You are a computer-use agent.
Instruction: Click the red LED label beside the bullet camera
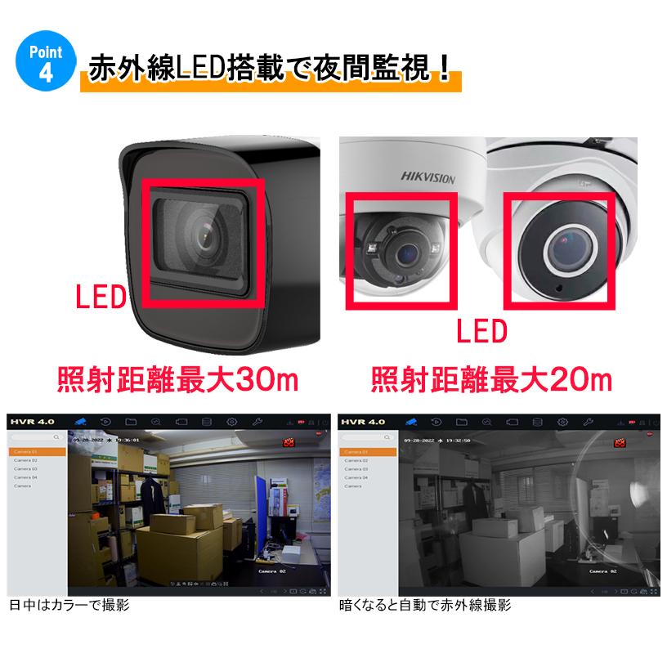coord(100,296)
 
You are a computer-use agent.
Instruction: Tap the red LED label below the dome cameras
coord(481,332)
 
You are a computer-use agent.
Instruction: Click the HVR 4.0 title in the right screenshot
coord(364,422)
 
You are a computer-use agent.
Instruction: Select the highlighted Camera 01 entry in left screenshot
coord(37,452)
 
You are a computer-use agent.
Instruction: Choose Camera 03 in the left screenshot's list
coord(26,469)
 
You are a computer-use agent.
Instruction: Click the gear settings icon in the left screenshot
coord(231,422)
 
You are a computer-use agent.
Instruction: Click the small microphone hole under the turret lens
coord(559,290)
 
